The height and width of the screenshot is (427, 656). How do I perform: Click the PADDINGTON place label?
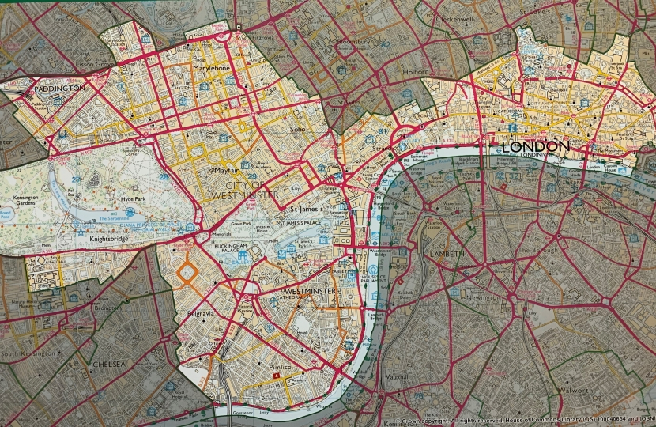[x=58, y=89]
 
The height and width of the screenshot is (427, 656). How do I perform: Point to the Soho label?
[x=297, y=129]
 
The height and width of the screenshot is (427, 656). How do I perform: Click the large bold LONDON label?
[x=535, y=147]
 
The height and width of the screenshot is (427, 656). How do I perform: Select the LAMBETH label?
[x=447, y=254]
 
